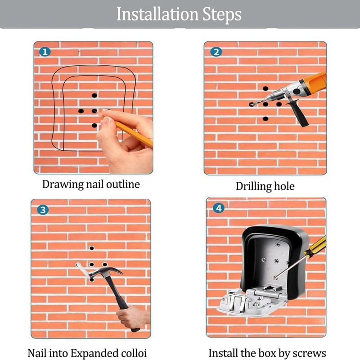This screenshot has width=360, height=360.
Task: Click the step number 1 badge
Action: [45, 52]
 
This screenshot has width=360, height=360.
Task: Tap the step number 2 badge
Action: [216, 52]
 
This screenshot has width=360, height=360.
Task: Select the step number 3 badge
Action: [43, 210]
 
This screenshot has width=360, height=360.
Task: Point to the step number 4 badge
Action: [219, 208]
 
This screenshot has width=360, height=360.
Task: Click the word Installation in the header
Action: [157, 14]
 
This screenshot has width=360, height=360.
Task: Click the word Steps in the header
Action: [222, 15]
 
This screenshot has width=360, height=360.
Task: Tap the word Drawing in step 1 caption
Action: [63, 184]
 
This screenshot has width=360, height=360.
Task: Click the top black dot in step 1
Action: [94, 95]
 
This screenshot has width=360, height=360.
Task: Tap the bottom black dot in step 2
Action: [265, 119]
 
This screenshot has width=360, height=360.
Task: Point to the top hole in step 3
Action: [92, 248]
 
